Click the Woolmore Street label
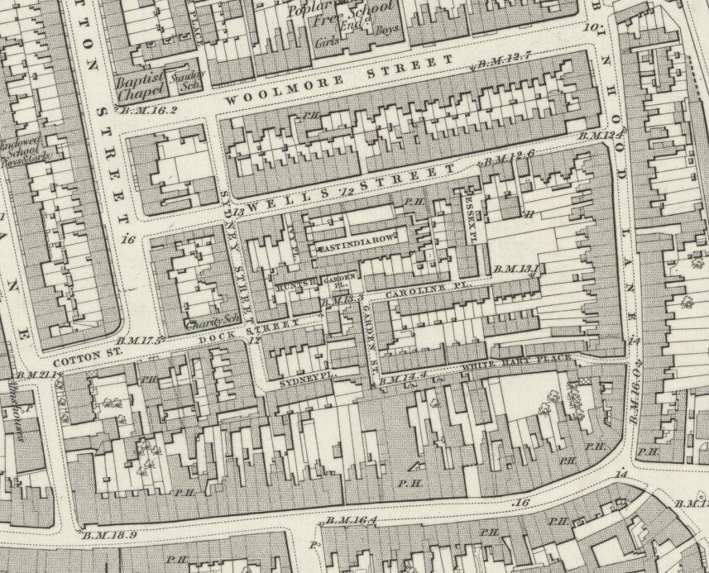tap(339, 79)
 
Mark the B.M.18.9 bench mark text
tap(109, 536)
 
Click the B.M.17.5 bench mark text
tap(141, 339)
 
